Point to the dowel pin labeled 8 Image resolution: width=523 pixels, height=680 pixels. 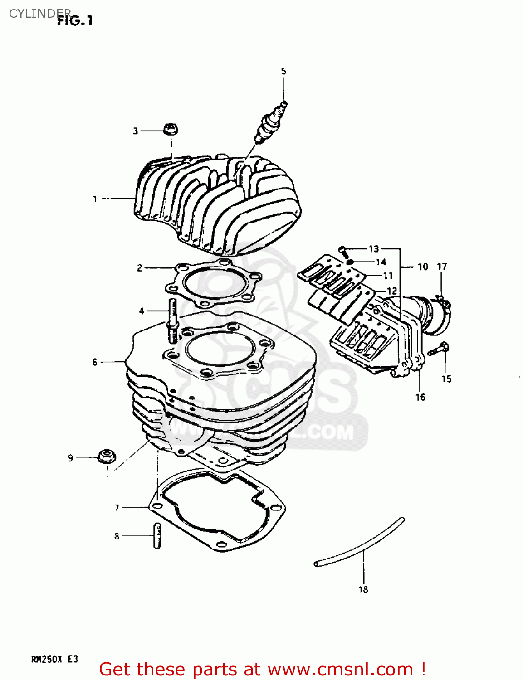tap(157, 536)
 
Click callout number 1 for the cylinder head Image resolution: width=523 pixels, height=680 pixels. tap(95, 199)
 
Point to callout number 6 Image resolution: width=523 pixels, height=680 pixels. tap(94, 362)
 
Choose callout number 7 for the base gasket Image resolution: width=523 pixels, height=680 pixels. tap(117, 508)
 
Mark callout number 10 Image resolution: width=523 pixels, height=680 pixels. tap(423, 267)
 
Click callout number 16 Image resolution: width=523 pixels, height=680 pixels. tap(420, 397)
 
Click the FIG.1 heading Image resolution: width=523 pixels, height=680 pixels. tap(75, 21)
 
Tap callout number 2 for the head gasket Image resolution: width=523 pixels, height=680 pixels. tap(140, 268)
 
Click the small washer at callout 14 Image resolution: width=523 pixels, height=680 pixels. tap(350, 262)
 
